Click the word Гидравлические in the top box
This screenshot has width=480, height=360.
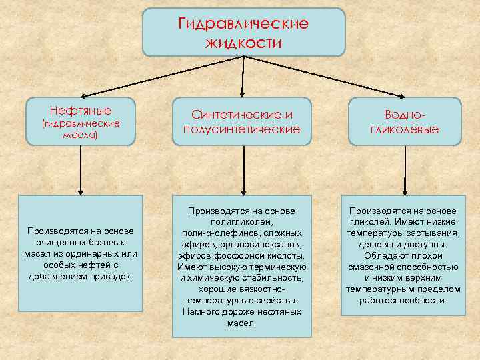click(244, 24)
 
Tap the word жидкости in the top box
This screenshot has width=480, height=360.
click(244, 43)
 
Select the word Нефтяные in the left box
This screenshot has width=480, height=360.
click(81, 110)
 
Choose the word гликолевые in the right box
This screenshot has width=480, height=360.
click(405, 129)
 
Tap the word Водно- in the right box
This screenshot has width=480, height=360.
click(405, 114)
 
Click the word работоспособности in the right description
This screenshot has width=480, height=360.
click(404, 300)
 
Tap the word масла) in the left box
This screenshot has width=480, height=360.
click(80, 134)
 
